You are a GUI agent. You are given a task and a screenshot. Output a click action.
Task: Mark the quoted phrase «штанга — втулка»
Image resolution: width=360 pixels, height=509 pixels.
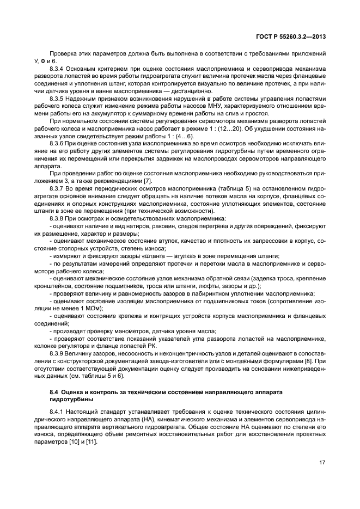tap(168, 255)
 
